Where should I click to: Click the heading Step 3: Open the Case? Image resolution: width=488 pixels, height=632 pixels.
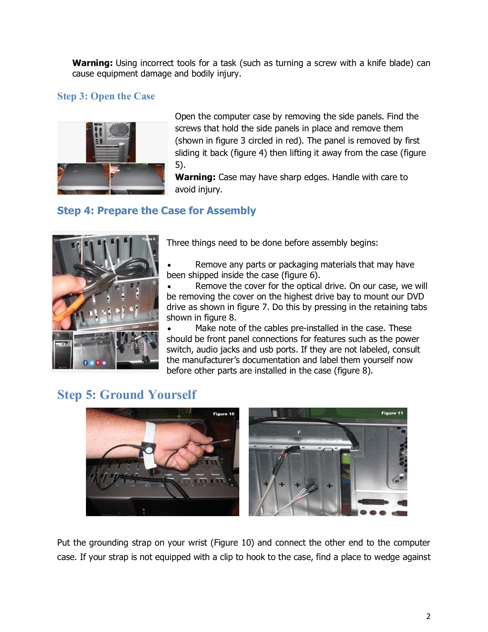tap(106, 96)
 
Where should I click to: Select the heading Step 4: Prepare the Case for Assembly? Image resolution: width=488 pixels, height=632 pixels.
tap(156, 211)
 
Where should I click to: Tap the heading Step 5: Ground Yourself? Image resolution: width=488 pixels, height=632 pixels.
tap(127, 395)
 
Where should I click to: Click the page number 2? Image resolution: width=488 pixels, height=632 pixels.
tap(428, 616)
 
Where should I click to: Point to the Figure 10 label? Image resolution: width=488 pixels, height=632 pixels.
tap(223, 414)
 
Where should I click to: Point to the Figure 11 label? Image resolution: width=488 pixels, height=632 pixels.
tap(392, 413)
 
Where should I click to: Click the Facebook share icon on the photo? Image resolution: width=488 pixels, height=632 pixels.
tap(85, 363)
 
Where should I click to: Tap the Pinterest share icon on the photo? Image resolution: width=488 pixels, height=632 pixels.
tap(98, 363)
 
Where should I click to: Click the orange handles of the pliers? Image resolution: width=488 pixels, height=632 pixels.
tap(68, 309)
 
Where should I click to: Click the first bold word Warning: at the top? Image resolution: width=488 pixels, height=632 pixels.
tap(92, 63)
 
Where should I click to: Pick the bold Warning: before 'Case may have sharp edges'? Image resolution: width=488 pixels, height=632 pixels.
tap(195, 177)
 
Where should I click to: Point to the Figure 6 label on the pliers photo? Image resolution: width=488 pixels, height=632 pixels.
tap(148, 239)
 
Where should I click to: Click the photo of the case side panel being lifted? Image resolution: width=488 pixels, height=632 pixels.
tap(138, 179)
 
